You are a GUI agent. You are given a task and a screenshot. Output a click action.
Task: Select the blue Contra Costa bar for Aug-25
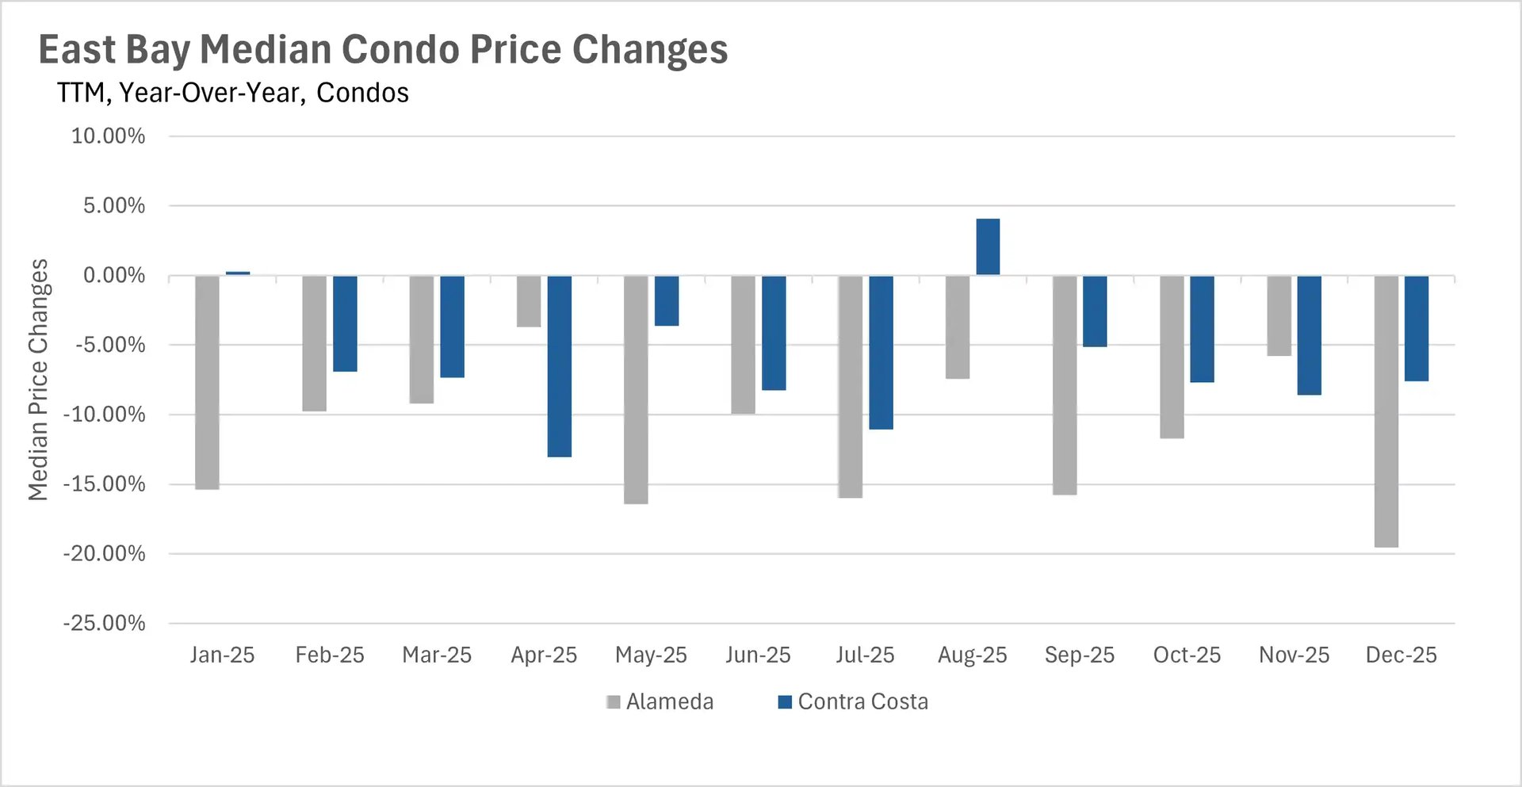(x=988, y=246)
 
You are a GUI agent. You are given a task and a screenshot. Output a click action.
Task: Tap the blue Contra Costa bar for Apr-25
(x=559, y=365)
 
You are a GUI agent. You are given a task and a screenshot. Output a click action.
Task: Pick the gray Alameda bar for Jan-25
(x=207, y=382)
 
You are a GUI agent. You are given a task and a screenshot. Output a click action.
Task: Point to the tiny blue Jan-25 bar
(x=238, y=273)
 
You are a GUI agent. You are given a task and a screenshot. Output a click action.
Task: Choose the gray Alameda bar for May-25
(x=636, y=389)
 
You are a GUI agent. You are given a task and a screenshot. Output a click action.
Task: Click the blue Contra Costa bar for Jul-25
(x=881, y=352)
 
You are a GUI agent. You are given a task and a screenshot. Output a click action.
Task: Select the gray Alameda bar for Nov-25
(x=1279, y=315)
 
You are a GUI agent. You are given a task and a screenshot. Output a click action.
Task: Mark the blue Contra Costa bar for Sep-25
(x=1095, y=311)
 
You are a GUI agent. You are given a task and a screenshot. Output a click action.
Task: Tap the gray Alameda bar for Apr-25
(x=529, y=301)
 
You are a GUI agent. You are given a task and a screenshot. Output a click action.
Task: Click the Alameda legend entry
(x=660, y=701)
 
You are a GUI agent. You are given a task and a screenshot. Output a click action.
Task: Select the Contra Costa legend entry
(x=853, y=701)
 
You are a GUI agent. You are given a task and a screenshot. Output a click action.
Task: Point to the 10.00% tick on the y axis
(x=109, y=136)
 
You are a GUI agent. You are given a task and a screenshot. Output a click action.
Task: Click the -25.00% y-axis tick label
(x=105, y=623)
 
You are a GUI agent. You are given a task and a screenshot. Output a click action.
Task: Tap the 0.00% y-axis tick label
(x=114, y=276)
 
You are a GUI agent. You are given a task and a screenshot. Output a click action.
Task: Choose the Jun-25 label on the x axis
(x=758, y=655)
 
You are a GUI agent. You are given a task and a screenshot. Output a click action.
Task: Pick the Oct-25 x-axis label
(x=1187, y=655)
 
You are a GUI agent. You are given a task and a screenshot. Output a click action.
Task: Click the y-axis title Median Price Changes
(x=38, y=380)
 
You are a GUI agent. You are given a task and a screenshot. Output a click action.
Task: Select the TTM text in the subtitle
(x=81, y=93)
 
